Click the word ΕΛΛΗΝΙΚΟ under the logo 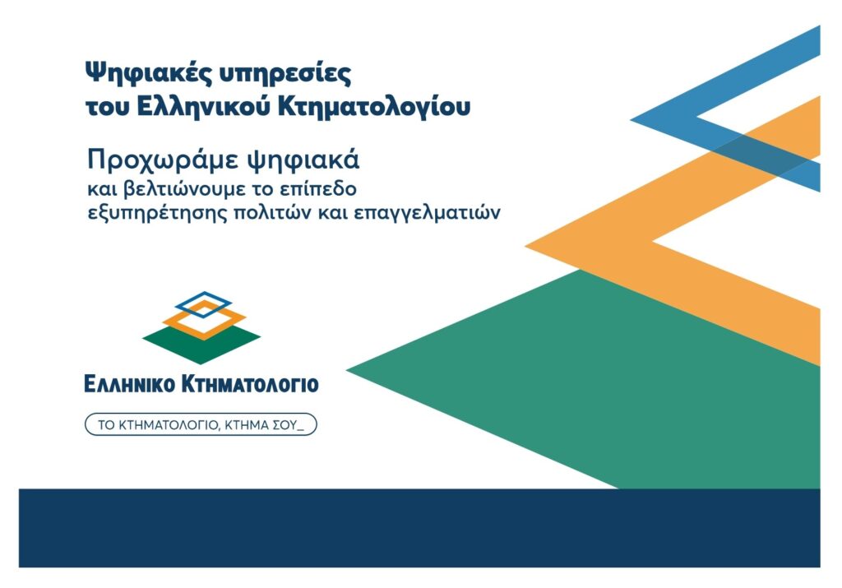[129, 385]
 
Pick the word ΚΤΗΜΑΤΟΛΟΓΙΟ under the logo [250, 385]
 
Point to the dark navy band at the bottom [419, 528]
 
